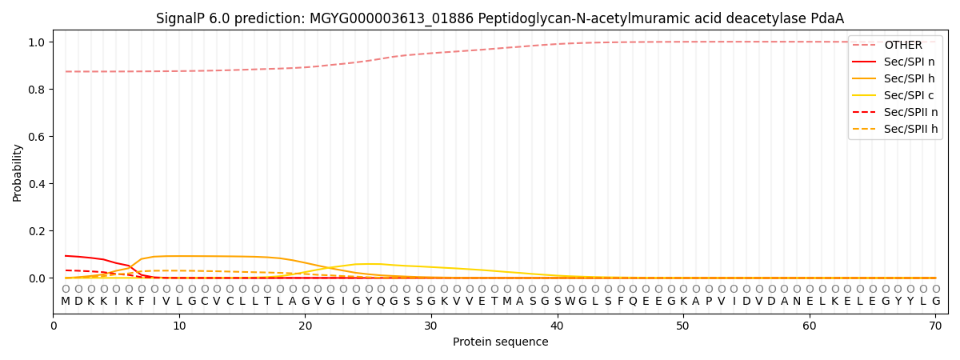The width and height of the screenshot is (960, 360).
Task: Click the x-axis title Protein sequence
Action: coord(501,342)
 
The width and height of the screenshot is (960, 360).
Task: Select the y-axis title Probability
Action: coord(18,172)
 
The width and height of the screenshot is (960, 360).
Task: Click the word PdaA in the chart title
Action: coord(827,18)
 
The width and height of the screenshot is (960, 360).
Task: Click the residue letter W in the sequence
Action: coord(570,302)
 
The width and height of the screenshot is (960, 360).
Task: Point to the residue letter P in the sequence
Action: coord(708,302)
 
